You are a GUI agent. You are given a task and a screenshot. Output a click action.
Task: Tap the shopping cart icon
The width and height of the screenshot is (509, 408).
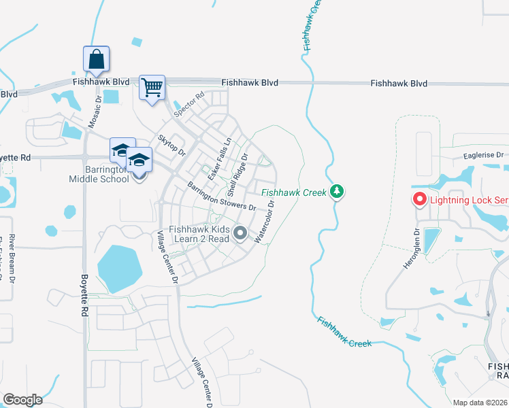(x=152, y=88)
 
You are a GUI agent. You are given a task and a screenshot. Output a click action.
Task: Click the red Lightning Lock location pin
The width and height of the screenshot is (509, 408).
(x=419, y=199)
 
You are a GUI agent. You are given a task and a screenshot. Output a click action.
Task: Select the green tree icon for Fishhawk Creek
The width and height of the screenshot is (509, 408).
(x=336, y=192)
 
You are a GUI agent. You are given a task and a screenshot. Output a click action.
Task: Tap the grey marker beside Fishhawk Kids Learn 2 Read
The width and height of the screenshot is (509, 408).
(x=240, y=233)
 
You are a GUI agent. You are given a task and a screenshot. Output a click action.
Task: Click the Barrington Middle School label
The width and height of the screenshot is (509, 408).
(x=99, y=174)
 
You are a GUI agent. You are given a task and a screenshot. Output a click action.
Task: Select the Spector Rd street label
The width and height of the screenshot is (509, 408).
(x=188, y=105)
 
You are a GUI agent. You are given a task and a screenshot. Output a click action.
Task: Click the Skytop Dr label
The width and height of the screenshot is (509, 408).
(x=172, y=145)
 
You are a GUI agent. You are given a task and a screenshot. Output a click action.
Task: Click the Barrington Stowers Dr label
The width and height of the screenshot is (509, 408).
(x=221, y=197)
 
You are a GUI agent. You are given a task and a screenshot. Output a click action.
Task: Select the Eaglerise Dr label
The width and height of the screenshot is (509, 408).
(x=482, y=155)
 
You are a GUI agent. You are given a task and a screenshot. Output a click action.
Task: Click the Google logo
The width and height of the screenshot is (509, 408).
(x=22, y=400)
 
